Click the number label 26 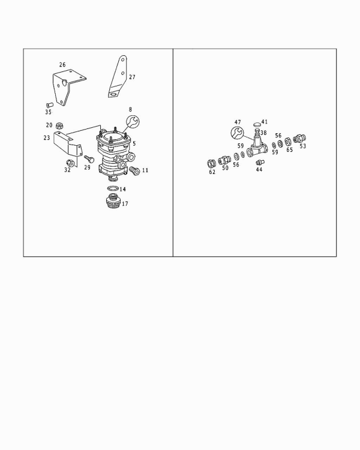coord(62,65)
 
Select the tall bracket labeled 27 coord(118,77)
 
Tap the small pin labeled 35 coord(50,105)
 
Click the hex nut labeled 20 coord(59,125)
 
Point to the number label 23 coord(47,138)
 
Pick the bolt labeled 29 coord(89,159)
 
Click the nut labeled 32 coord(70,163)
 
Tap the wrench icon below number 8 coord(133,122)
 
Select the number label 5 coord(134,143)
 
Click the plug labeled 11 coord(134,170)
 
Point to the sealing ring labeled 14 coord(113,188)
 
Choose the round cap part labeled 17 coord(113,201)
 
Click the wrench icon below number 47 coord(237,133)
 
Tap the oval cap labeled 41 coord(257,125)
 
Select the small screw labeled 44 coord(260,163)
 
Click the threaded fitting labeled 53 coord(300,139)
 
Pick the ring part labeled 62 coord(212,164)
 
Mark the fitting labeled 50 coord(224,160)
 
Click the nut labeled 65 coord(288,142)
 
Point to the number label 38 coord(263,133)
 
